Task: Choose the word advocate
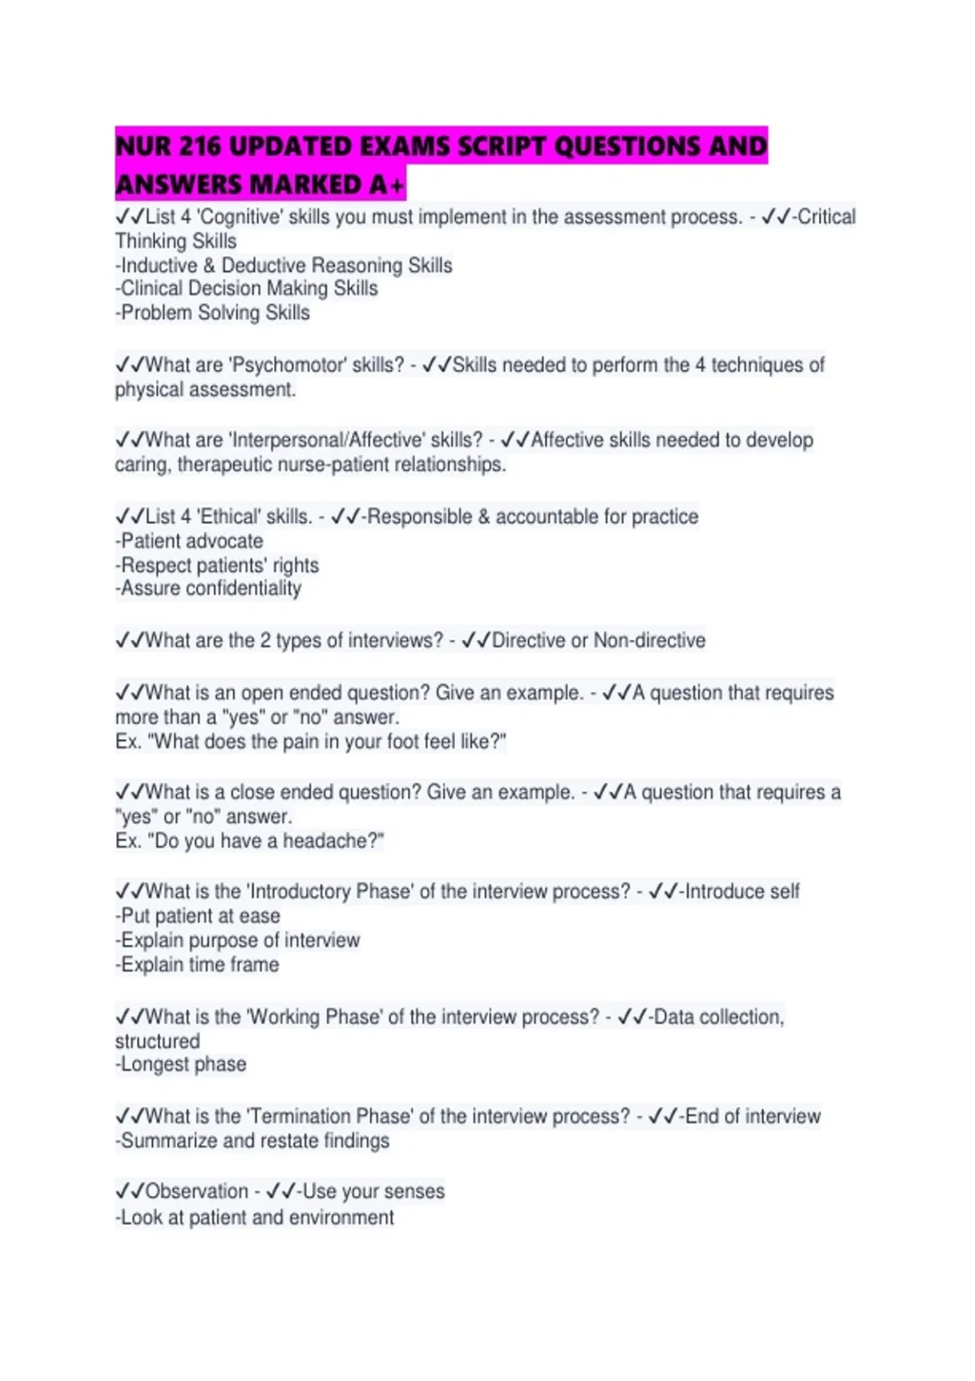225,541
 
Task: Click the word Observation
197,1191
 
